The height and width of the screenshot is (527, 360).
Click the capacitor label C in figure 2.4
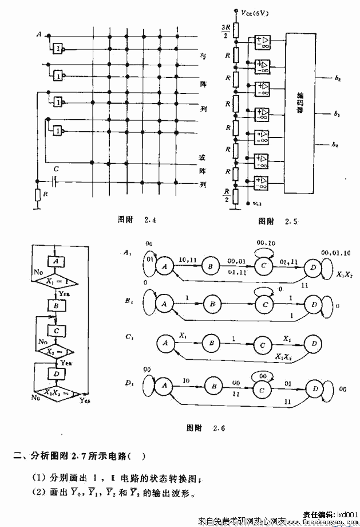(55, 170)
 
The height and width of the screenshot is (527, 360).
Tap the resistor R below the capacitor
(37, 195)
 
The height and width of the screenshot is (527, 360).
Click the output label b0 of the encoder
(337, 145)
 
